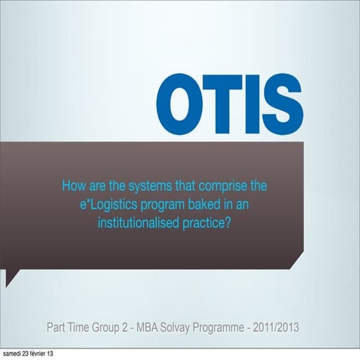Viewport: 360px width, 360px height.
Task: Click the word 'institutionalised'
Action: tap(139, 224)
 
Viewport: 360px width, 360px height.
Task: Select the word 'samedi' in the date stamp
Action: tap(12, 354)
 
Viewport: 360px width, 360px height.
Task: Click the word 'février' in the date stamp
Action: tap(36, 354)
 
